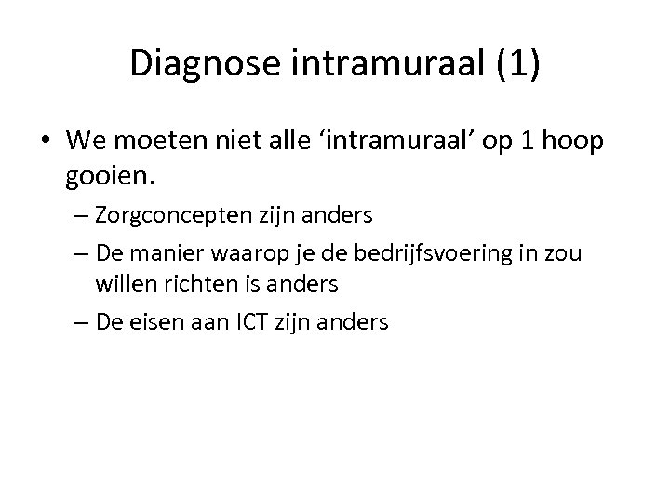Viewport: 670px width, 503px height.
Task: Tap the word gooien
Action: click(105, 174)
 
